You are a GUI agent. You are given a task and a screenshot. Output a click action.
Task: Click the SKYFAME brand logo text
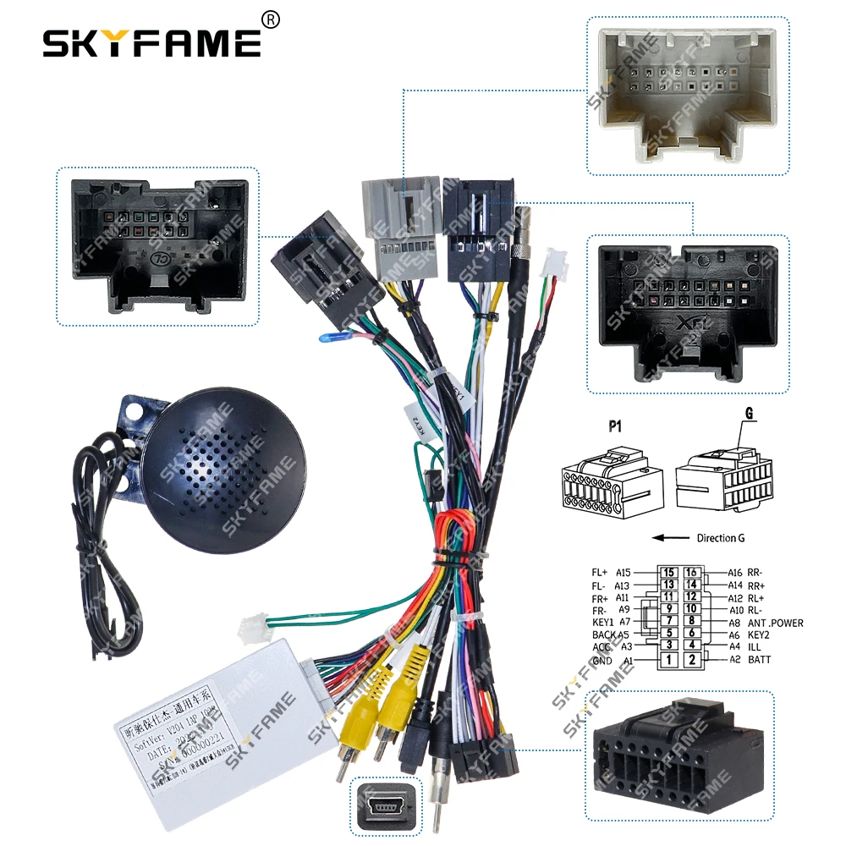152,41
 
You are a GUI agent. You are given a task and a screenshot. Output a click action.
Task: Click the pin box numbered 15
668,573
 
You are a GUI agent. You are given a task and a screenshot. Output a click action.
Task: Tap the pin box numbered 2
692,660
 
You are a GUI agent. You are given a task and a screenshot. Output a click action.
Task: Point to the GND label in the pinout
602,660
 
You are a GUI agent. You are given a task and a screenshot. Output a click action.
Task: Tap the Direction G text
721,538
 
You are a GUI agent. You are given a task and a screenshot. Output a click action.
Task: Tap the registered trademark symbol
271,19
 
